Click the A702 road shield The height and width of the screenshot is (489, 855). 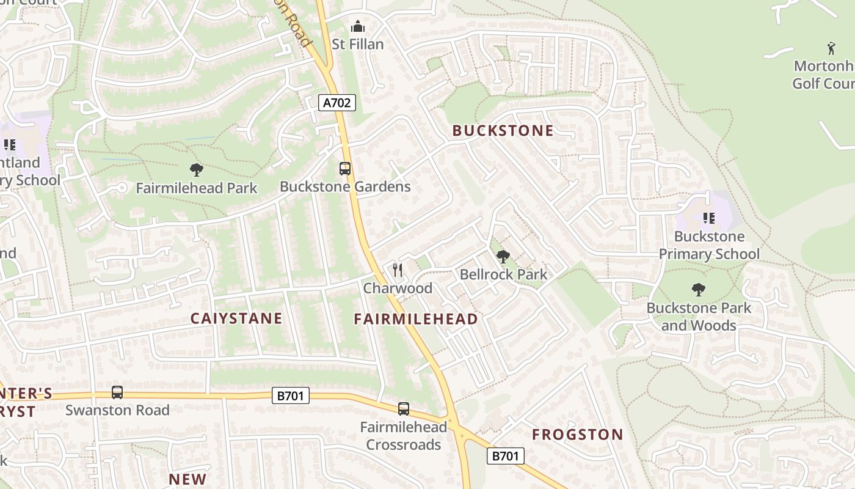(x=337, y=103)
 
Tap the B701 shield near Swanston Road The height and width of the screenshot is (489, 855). (x=291, y=395)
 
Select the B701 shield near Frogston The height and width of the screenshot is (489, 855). (x=505, y=455)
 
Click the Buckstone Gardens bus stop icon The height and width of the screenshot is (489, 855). (x=345, y=169)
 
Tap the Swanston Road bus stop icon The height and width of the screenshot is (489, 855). (x=117, y=392)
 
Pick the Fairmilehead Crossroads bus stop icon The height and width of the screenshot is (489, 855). (x=403, y=408)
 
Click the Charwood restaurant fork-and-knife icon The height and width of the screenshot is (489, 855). (x=398, y=270)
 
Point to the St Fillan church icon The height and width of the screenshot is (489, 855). (x=357, y=27)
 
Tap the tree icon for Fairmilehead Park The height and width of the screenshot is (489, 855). (x=196, y=170)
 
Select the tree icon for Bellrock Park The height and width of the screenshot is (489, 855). (x=503, y=257)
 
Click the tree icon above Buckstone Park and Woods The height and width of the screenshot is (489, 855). (x=699, y=289)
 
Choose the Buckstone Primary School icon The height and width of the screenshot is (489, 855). (x=708, y=218)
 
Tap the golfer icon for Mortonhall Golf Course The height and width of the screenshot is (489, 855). (x=831, y=48)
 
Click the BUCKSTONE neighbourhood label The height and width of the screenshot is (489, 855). (x=503, y=130)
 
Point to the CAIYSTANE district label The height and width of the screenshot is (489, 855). (x=236, y=318)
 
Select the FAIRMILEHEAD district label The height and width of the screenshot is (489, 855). (x=416, y=319)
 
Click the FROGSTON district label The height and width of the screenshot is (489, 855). (x=577, y=435)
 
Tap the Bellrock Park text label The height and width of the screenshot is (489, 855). (x=503, y=274)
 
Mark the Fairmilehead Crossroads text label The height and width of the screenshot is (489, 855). (x=403, y=436)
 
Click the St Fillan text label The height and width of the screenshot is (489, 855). (x=358, y=44)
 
